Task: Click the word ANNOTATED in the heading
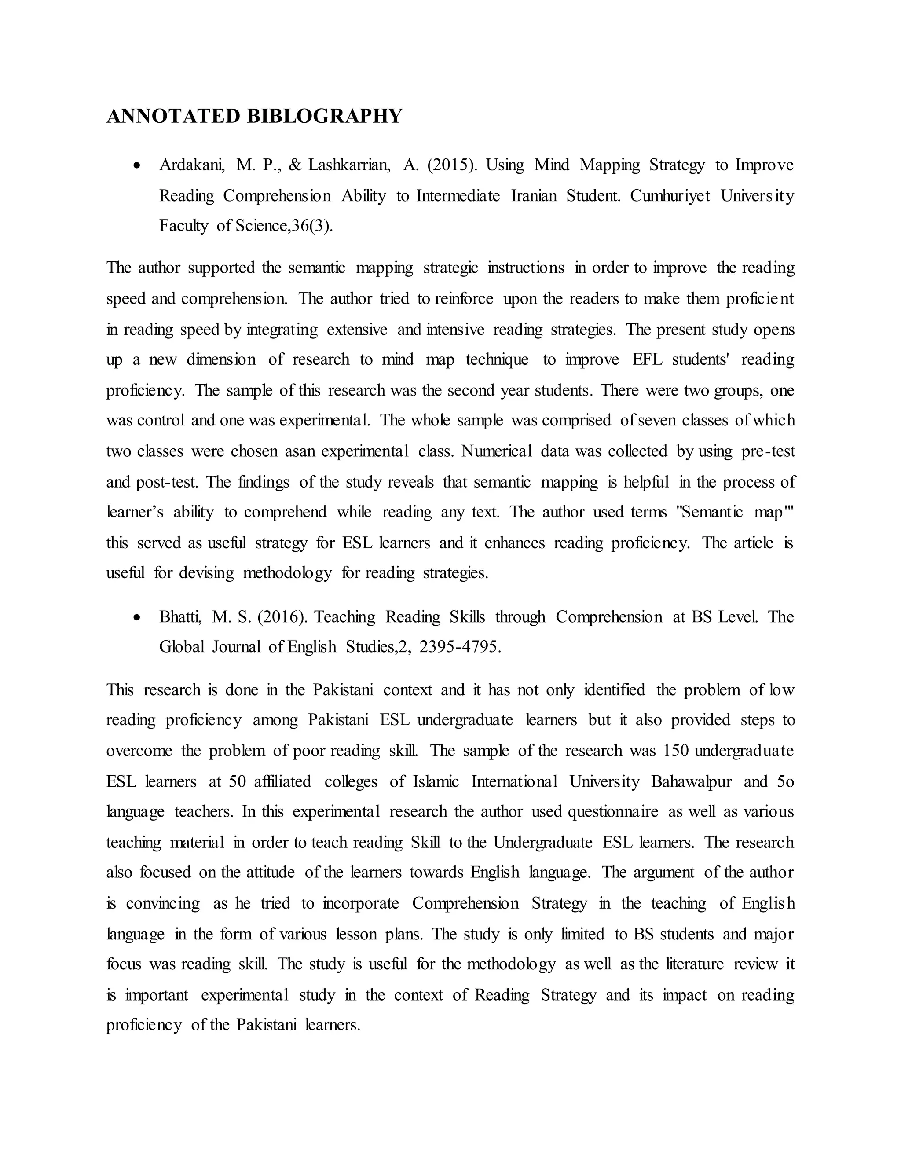(x=173, y=116)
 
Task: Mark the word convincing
(x=163, y=903)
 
